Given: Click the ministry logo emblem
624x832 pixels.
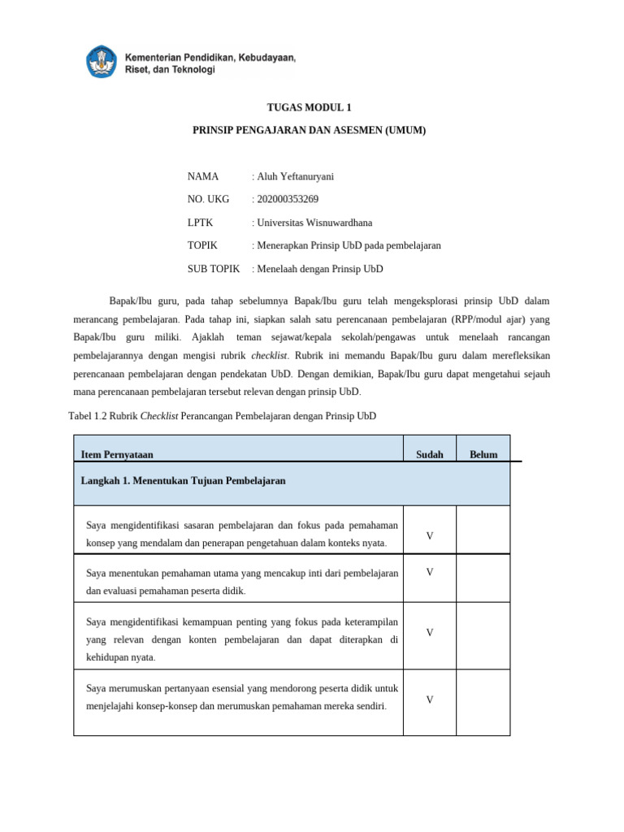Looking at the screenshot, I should pyautogui.click(x=102, y=63).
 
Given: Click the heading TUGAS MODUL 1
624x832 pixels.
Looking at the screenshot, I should pyautogui.click(x=310, y=107).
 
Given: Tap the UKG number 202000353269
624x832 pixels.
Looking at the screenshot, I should pyautogui.click(x=285, y=199).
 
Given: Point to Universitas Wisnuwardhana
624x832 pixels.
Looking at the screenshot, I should pyautogui.click(x=313, y=223).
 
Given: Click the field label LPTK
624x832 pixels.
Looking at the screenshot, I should pyautogui.click(x=200, y=223).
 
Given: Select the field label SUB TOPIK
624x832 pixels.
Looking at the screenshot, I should pyautogui.click(x=214, y=269).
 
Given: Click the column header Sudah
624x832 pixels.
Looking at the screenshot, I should pyautogui.click(x=429, y=455).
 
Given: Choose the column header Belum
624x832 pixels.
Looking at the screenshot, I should pyautogui.click(x=483, y=455).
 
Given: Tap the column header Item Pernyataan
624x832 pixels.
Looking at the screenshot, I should pyautogui.click(x=117, y=455).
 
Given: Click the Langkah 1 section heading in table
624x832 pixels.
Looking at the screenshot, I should pyautogui.click(x=183, y=481).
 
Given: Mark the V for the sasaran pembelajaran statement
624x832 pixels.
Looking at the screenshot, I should pyautogui.click(x=429, y=536).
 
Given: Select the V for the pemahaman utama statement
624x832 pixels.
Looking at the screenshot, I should pyautogui.click(x=429, y=573).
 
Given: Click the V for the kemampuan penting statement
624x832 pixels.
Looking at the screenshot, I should pyautogui.click(x=429, y=632).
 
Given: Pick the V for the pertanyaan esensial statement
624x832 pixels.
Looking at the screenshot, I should pyautogui.click(x=429, y=700).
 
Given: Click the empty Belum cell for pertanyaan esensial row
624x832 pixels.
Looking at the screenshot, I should pyautogui.click(x=483, y=702).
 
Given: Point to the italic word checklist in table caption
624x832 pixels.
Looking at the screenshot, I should pyautogui.click(x=159, y=416).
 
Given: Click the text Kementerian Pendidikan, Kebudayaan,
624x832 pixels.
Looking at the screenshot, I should pyautogui.click(x=210, y=58).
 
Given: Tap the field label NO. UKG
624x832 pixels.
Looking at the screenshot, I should pyautogui.click(x=208, y=199).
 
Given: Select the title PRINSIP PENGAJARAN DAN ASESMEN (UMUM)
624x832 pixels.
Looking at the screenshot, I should pyautogui.click(x=309, y=130).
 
